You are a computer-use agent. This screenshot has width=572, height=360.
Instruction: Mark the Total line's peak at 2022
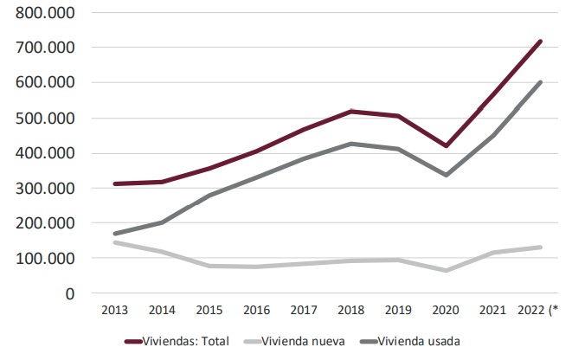click(x=540, y=41)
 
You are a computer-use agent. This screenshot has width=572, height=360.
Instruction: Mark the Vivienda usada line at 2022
click(x=540, y=82)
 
